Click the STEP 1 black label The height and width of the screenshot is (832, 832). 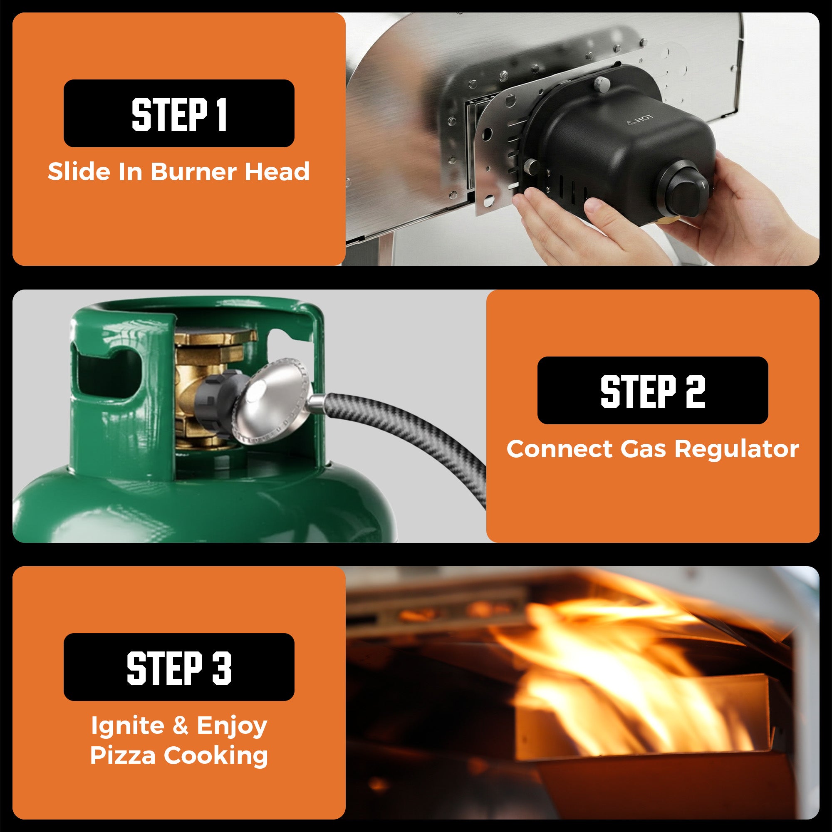(179, 113)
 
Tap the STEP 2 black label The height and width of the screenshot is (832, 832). (652, 390)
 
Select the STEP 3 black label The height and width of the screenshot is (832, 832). (179, 667)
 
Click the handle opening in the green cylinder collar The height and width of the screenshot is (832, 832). (108, 375)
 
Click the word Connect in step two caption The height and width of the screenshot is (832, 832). (560, 449)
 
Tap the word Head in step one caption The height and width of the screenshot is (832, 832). (277, 171)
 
